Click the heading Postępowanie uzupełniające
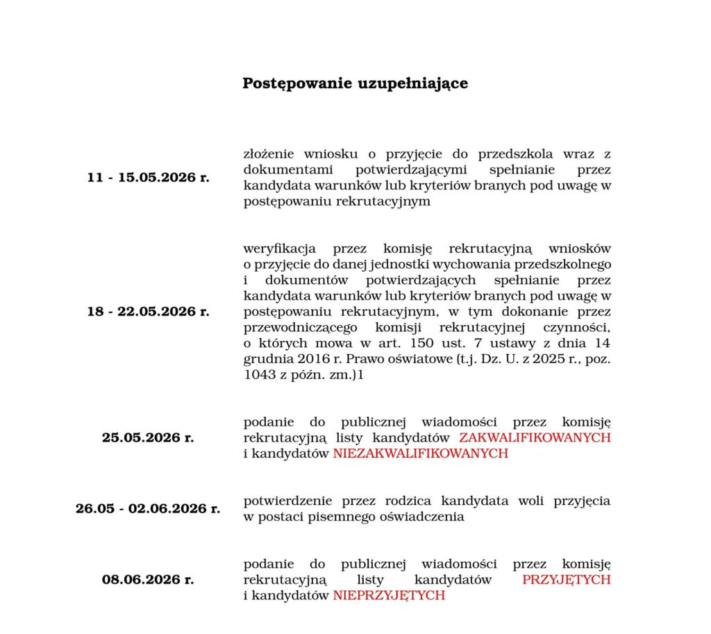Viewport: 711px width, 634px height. click(x=355, y=83)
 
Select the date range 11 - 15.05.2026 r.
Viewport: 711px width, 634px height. click(x=148, y=177)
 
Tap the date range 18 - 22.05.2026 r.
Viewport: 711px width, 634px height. click(x=148, y=312)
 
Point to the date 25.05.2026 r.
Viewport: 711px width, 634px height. click(x=148, y=437)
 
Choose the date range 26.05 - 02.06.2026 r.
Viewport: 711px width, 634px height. click(x=148, y=508)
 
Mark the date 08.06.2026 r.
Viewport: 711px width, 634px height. click(x=148, y=578)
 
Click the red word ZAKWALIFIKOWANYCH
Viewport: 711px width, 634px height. click(x=535, y=437)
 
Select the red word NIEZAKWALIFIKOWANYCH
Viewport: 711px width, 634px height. click(x=420, y=453)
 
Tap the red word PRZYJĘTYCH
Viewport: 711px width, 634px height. click(x=566, y=579)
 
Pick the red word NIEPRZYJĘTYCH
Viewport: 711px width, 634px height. click(x=389, y=595)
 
